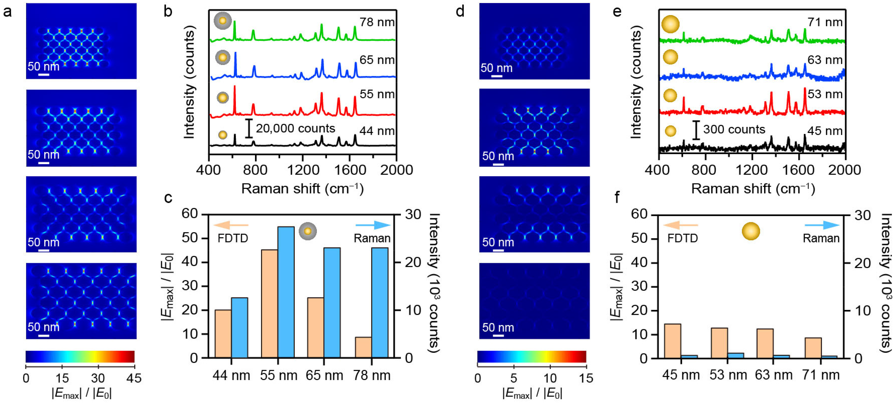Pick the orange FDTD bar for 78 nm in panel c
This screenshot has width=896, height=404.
pyautogui.click(x=363, y=347)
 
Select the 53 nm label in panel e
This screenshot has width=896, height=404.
pyautogui.click(x=825, y=94)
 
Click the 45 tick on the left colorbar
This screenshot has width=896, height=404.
pyautogui.click(x=134, y=378)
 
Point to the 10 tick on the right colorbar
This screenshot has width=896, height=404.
pyautogui.click(x=550, y=378)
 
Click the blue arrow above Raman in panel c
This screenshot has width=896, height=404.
pyautogui.click(x=373, y=225)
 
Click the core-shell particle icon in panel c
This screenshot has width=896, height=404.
pyautogui.click(x=308, y=231)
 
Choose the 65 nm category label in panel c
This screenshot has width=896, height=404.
pyautogui.click(x=324, y=375)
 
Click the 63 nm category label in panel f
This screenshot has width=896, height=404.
pyautogui.click(x=774, y=375)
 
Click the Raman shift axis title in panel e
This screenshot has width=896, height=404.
pyautogui.click(x=753, y=189)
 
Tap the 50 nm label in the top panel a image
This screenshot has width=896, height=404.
pyautogui.click(x=44, y=66)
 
